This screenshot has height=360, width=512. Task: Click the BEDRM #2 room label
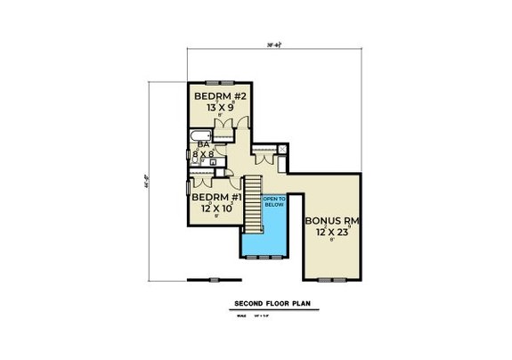(x=215, y=95)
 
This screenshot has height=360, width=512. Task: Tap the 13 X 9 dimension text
(x=215, y=107)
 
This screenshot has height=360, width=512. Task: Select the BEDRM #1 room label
(x=214, y=196)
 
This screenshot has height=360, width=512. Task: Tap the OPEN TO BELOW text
(x=274, y=200)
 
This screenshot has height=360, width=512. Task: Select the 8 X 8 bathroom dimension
(x=204, y=154)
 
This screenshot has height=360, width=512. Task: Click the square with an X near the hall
(x=282, y=149)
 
